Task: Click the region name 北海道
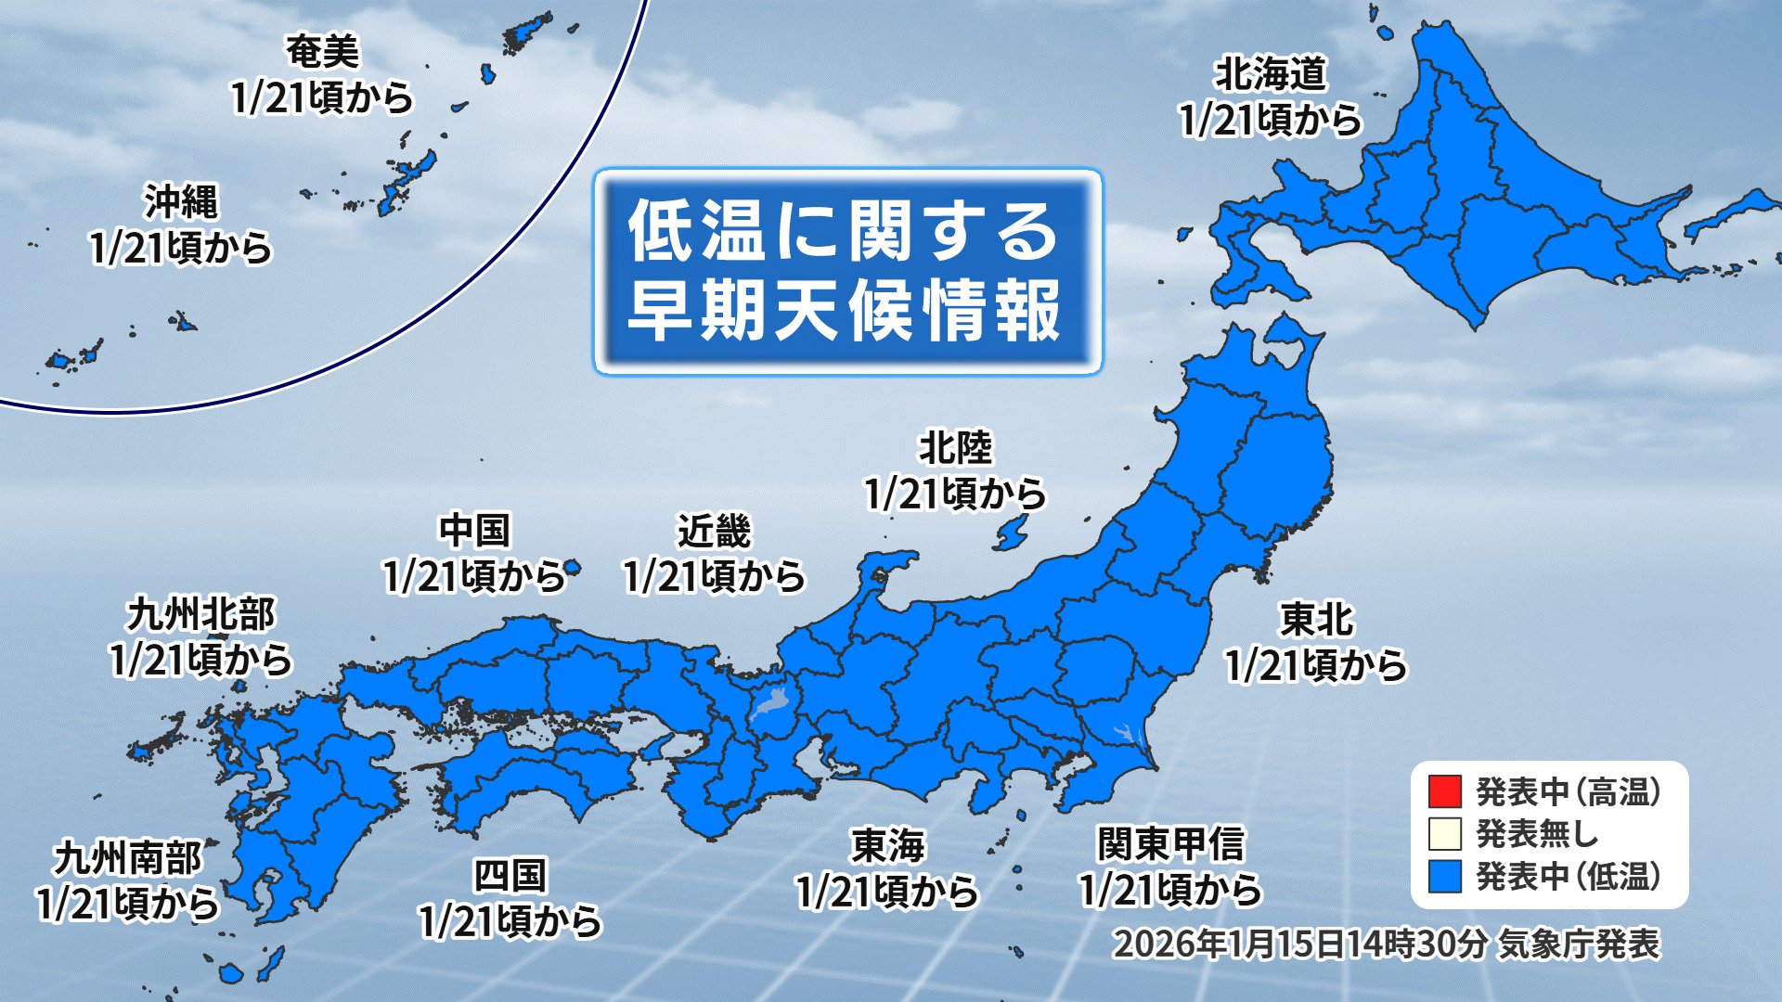pyautogui.click(x=1271, y=75)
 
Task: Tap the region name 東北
pyautogui.click(x=1316, y=621)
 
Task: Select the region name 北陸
pyautogui.click(x=955, y=449)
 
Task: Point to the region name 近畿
pyautogui.click(x=713, y=533)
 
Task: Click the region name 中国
pyautogui.click(x=474, y=532)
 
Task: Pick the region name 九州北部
pyautogui.click(x=200, y=615)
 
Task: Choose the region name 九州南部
pyautogui.click(x=127, y=858)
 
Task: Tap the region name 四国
pyautogui.click(x=510, y=876)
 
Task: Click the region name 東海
pyautogui.click(x=887, y=846)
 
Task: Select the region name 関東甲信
pyautogui.click(x=1170, y=845)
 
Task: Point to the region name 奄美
pyautogui.click(x=321, y=52)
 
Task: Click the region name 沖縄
pyautogui.click(x=181, y=202)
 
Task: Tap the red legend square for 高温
pyautogui.click(x=1445, y=792)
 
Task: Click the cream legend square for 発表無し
pyautogui.click(x=1445, y=834)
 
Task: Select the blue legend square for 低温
pyautogui.click(x=1445, y=876)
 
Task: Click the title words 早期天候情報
pyautogui.click(x=845, y=311)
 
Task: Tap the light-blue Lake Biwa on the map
pyautogui.click(x=768, y=704)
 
